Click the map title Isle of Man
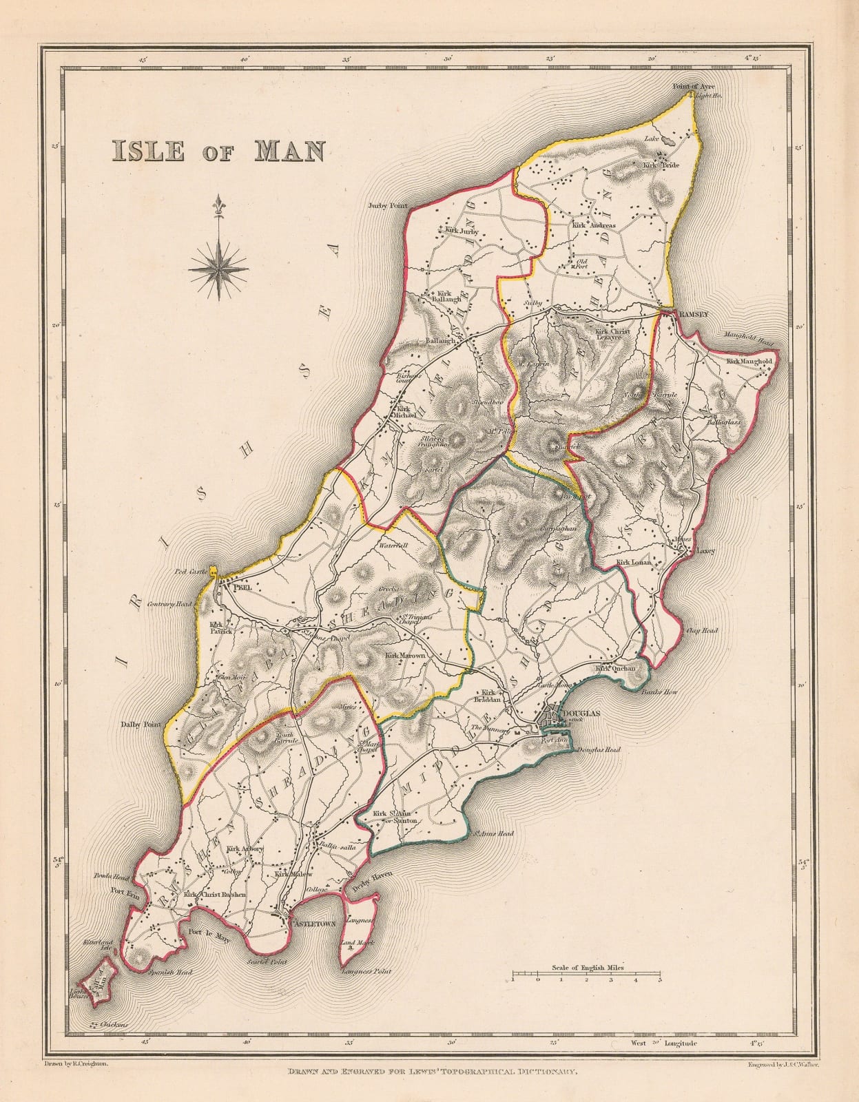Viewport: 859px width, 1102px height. (216, 150)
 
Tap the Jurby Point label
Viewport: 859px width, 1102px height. (389, 205)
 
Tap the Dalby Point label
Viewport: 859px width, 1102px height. (140, 725)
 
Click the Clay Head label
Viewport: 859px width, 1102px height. (701, 630)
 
